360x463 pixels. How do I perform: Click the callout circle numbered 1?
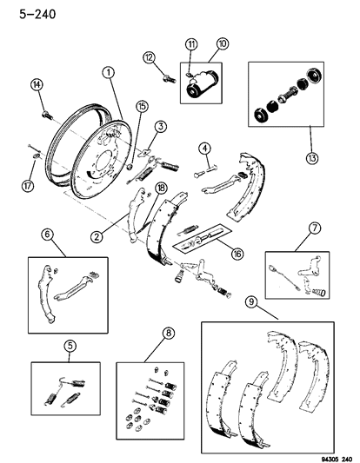tap(108, 73)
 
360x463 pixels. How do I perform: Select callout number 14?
tap(37, 84)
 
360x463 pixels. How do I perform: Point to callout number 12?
tap(149, 57)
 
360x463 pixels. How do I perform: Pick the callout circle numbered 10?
tap(222, 43)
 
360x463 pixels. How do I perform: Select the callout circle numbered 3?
tap(161, 128)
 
